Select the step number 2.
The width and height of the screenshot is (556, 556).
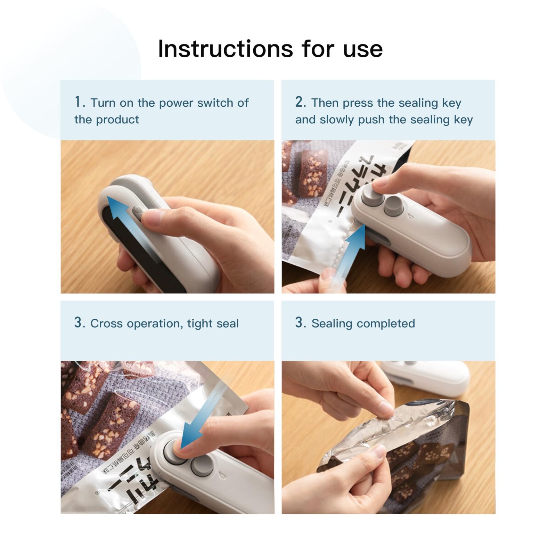tap(299, 102)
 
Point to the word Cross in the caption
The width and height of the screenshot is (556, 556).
tap(106, 324)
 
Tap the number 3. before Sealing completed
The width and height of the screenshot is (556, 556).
tap(300, 322)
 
